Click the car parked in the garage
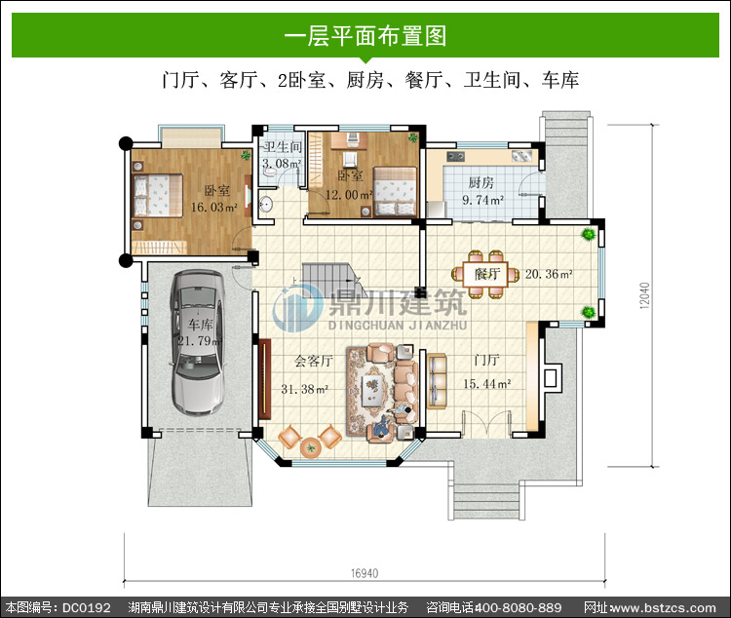click(x=198, y=343)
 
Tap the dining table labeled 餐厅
click(x=485, y=274)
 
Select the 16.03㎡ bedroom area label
click(x=214, y=207)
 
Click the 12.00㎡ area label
click(x=349, y=195)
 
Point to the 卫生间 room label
click(x=282, y=147)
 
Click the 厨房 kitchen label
click(x=481, y=183)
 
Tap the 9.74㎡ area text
click(x=483, y=200)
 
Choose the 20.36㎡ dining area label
click(x=549, y=274)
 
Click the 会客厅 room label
click(x=313, y=361)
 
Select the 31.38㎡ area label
click(x=305, y=389)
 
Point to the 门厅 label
click(x=486, y=360)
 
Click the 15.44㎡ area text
click(x=486, y=384)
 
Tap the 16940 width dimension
click(x=365, y=573)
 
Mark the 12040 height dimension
click(x=644, y=295)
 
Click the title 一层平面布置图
click(x=365, y=35)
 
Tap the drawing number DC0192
click(x=87, y=607)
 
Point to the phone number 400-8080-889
click(x=518, y=607)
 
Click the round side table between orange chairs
click(x=311, y=448)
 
